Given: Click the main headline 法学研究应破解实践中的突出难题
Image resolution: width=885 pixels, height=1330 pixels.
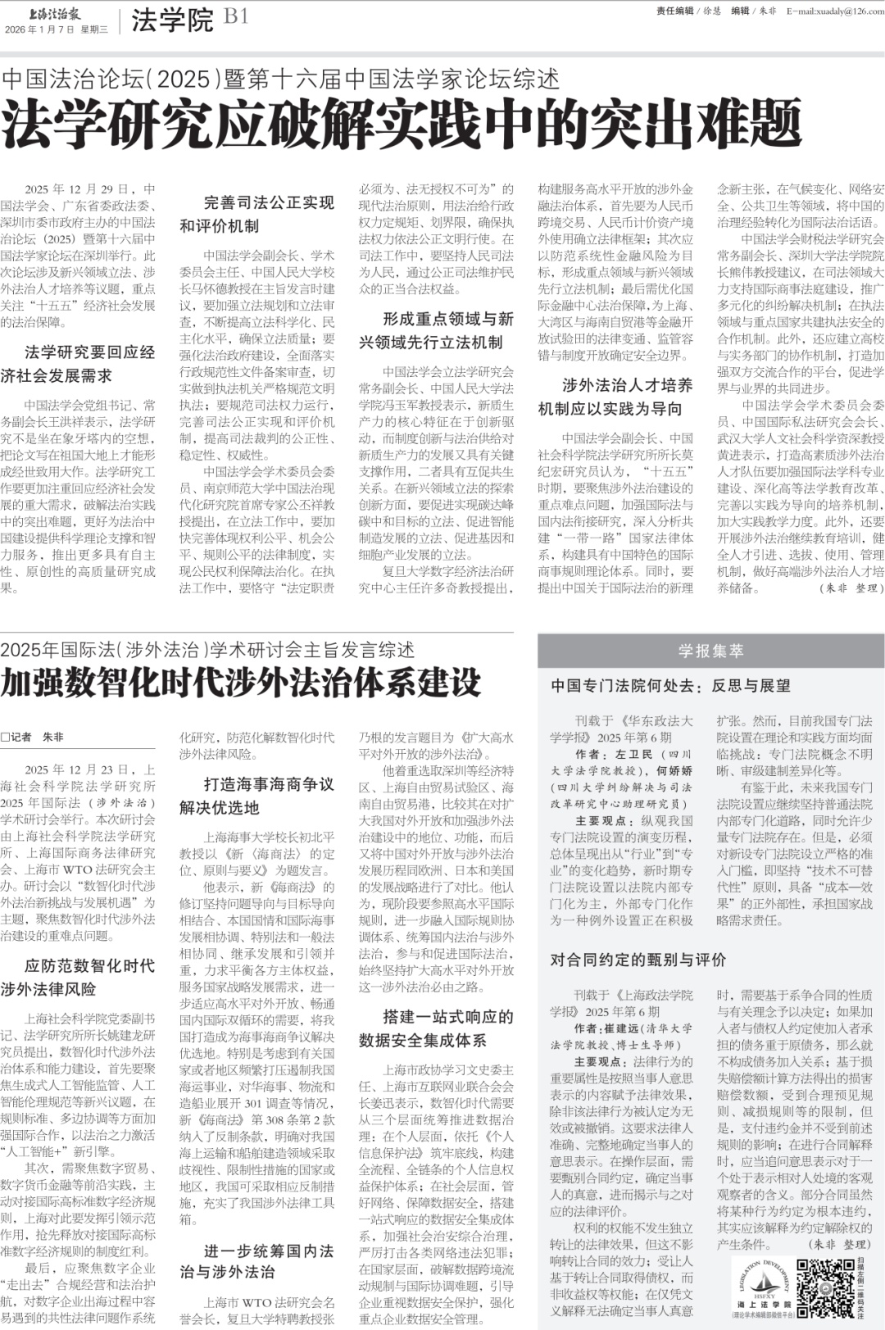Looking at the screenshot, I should pyautogui.click(x=401, y=125).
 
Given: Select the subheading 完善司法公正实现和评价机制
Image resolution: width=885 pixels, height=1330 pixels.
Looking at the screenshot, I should pyautogui.click(x=257, y=214).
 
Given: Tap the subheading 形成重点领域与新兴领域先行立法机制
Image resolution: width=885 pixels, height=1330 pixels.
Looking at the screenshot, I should pyautogui.click(x=436, y=330).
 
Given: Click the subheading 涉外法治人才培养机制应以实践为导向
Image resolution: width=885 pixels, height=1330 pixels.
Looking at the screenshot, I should pyautogui.click(x=615, y=397).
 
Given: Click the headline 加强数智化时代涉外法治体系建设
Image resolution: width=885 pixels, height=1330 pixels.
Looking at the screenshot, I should pyautogui.click(x=241, y=683).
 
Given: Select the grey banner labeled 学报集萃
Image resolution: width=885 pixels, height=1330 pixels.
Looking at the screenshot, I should pyautogui.click(x=710, y=651).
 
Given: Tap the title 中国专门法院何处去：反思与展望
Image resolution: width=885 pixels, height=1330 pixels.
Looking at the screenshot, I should pyautogui.click(x=670, y=686).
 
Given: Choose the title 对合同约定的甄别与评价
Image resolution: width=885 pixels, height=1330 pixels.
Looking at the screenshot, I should pyautogui.click(x=638, y=959).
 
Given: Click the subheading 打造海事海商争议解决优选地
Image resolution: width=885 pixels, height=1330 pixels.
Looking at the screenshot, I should pyautogui.click(x=257, y=796).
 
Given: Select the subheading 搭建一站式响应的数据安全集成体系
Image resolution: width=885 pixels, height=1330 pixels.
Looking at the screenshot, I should pyautogui.click(x=436, y=1028).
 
